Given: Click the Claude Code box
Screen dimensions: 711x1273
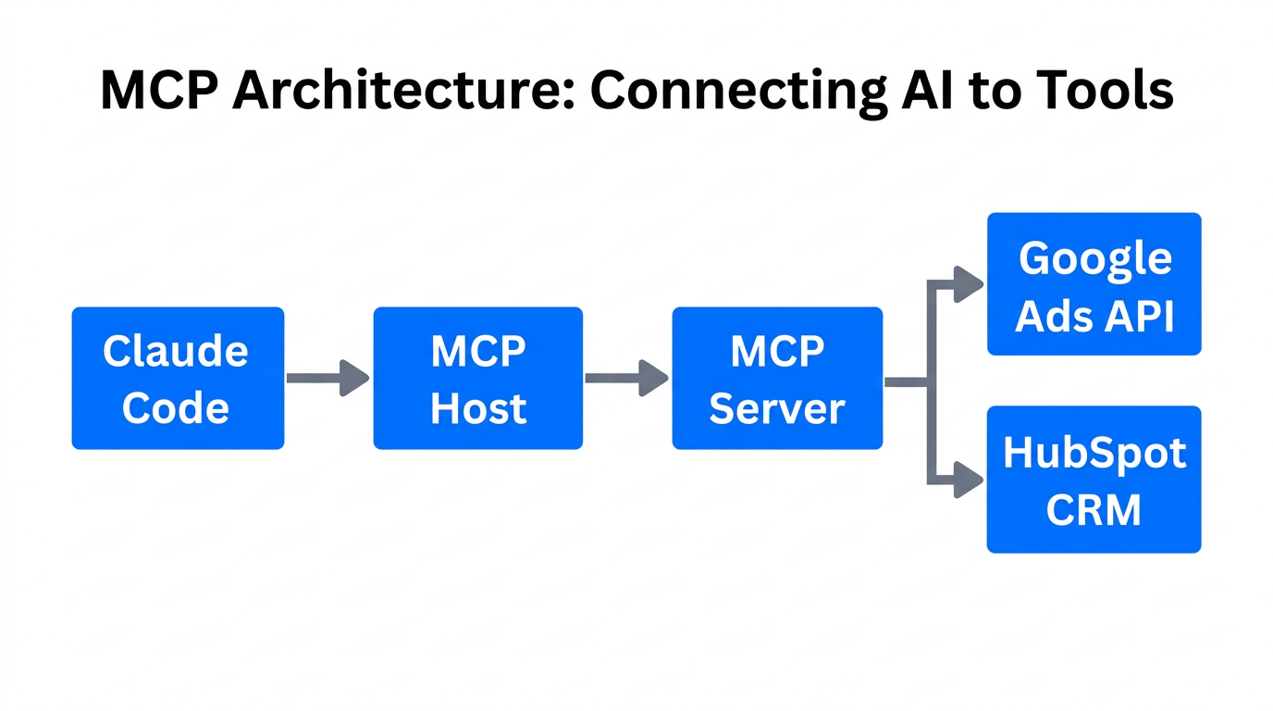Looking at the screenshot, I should click(178, 379).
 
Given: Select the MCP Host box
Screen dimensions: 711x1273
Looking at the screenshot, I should click(477, 379).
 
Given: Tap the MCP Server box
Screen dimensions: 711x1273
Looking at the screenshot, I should click(777, 379).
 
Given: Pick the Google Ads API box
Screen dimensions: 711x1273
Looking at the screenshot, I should click(1094, 284).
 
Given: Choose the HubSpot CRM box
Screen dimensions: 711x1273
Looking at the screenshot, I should click(1094, 480).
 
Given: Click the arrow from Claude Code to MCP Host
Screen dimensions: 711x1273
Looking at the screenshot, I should click(328, 379).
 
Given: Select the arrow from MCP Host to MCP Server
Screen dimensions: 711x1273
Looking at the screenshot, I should click(626, 379).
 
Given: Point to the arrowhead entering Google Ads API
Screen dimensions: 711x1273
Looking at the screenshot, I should click(968, 284).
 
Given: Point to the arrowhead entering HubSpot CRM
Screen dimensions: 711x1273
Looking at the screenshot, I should click(968, 480).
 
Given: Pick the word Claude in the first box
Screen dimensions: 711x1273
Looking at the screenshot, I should click(176, 351).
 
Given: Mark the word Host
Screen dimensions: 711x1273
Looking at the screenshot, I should click(478, 408).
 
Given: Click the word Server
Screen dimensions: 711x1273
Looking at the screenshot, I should click(777, 408).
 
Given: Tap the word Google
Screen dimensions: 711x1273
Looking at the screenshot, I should click(1094, 257).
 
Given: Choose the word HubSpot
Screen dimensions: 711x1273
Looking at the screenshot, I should click(1094, 453).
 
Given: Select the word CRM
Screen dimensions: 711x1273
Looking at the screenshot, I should click(1094, 510).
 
